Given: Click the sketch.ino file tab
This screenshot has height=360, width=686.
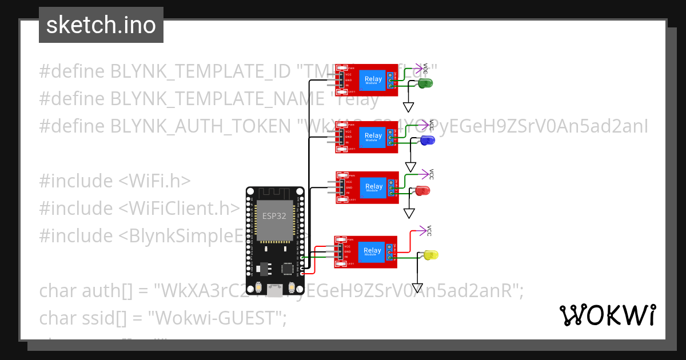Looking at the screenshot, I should coord(101,25).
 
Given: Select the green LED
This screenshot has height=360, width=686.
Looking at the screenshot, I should coord(425,83).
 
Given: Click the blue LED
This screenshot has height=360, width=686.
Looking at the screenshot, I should coord(427,141).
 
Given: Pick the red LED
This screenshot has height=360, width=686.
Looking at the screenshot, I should coord(423,190).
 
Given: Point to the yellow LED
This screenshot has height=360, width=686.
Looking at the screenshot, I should coord(430,254).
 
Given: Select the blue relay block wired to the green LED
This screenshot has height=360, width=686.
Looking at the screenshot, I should coord(374,80).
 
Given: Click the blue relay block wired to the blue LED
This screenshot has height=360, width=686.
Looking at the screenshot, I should coord(374,137).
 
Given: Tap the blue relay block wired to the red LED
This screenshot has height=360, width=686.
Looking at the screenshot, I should coord(374,187).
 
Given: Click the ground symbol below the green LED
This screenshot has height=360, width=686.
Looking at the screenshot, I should coord(408,107).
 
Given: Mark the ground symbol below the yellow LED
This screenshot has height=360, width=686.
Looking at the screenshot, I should coord(418,289).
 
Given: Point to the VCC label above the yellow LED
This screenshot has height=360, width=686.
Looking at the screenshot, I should coord(429,231).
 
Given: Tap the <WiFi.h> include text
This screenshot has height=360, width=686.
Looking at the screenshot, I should coord(154,181).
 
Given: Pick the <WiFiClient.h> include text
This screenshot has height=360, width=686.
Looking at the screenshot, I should coord(179,209).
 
